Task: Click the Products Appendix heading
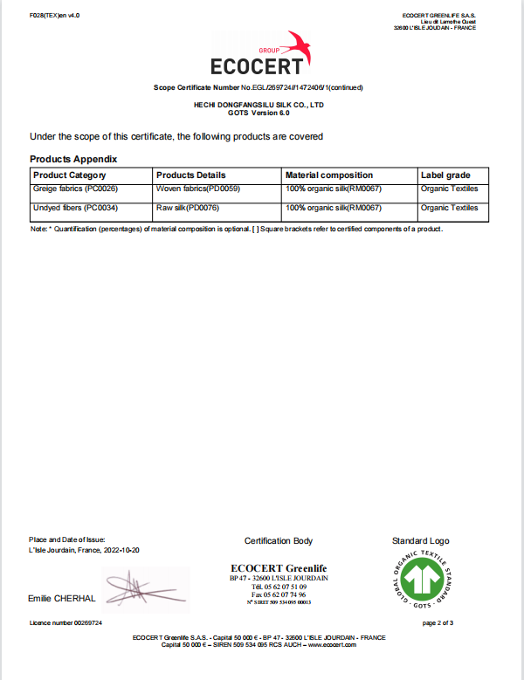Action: (x=73, y=159)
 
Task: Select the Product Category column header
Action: (x=69, y=175)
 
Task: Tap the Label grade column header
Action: (x=445, y=175)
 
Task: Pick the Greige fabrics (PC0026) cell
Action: (x=75, y=189)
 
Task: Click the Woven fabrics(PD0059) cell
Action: (x=197, y=189)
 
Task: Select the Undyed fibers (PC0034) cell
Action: (x=75, y=208)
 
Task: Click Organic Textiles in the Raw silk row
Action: (x=449, y=208)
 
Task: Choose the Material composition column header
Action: (x=329, y=175)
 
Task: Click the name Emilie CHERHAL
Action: (x=62, y=599)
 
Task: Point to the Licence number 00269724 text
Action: (x=65, y=623)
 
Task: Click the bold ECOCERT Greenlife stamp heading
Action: (x=279, y=569)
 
